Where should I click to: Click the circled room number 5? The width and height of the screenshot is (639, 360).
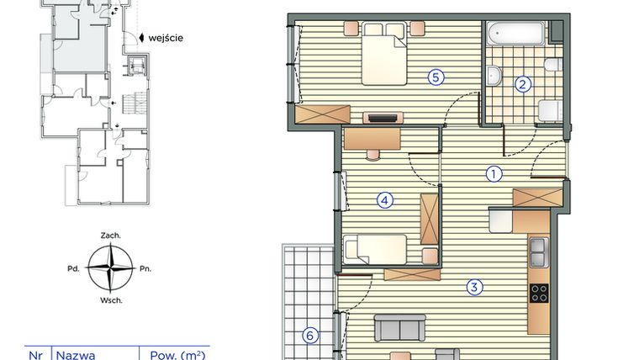(435, 77)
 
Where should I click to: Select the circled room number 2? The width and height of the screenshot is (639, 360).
(523, 84)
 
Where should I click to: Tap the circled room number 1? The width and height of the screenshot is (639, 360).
(494, 174)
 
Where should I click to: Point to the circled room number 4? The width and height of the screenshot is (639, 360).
(384, 200)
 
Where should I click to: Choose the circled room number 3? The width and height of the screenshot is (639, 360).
(474, 288)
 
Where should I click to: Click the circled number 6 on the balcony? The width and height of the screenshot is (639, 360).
(309, 336)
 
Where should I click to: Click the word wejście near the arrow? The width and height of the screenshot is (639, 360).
(167, 38)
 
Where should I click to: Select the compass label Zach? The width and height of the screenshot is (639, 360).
(109, 236)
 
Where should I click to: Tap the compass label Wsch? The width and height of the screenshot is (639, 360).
(109, 300)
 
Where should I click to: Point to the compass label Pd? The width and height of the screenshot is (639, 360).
(75, 269)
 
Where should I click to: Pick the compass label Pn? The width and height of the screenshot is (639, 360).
(144, 269)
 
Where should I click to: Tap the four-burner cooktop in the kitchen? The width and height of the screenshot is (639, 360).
(538, 293)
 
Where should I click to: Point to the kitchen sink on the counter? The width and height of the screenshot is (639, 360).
(538, 250)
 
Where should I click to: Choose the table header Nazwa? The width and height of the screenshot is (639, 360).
(76, 355)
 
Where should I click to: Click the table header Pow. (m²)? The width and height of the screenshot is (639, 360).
(177, 355)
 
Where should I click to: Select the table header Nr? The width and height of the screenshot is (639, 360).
(36, 355)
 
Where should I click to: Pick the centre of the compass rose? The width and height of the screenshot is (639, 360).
(109, 268)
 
